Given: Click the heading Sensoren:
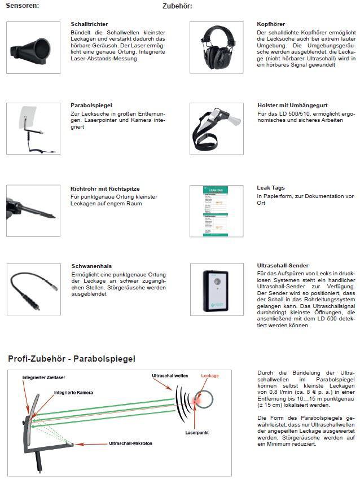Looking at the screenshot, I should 22,6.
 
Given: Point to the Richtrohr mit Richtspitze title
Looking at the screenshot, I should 105,188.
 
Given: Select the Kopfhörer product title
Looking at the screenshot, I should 271,25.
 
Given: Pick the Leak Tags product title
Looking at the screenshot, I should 271,188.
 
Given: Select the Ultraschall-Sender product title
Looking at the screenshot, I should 283,265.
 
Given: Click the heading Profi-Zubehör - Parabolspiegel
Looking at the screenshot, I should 71,359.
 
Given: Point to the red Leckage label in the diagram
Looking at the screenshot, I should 209,375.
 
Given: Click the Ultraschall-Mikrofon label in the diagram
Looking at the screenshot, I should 131,443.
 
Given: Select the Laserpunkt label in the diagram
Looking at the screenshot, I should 197,433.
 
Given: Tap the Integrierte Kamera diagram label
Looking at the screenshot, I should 73,392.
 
